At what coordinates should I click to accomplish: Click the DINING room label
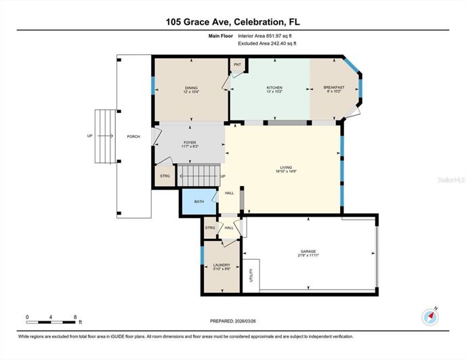tap(191, 87)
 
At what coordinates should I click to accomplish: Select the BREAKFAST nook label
tap(334, 87)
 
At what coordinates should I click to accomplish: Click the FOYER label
tap(189, 142)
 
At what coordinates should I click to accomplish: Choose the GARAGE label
tap(309, 251)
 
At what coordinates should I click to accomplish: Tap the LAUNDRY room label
tap(221, 265)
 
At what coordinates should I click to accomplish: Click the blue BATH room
tap(199, 202)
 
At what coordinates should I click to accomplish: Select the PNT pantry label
tap(237, 65)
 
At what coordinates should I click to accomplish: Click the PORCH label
tap(133, 136)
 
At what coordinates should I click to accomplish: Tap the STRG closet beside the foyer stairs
tap(165, 176)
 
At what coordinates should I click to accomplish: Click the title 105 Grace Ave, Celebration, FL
tap(233, 22)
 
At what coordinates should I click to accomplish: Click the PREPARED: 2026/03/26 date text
tap(233, 321)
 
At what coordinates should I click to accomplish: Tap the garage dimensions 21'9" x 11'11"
tap(309, 256)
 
